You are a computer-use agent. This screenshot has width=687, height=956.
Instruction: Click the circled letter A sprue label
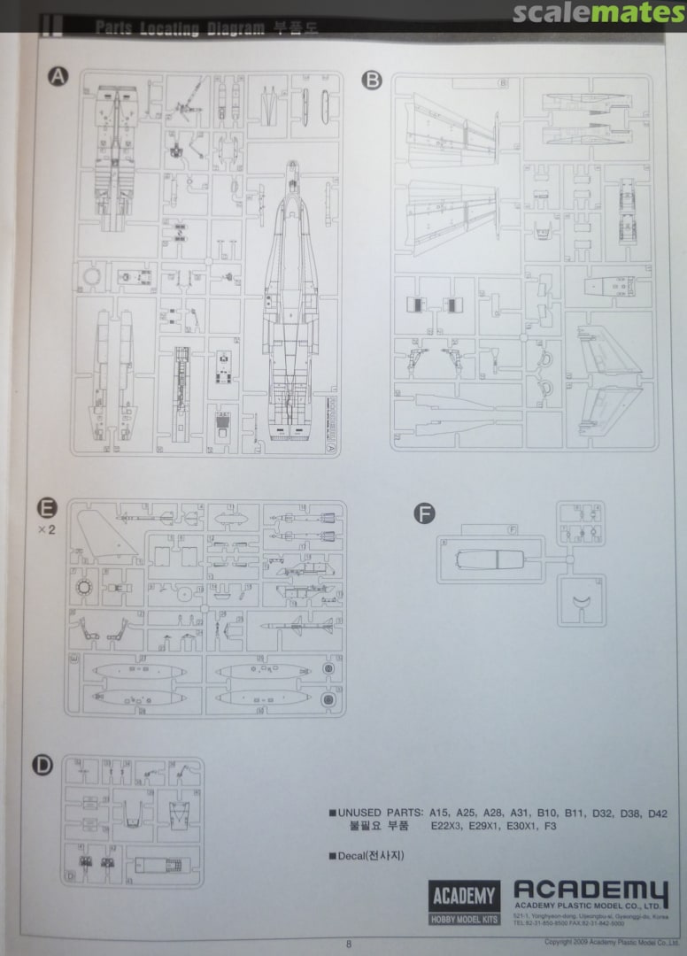(x=58, y=78)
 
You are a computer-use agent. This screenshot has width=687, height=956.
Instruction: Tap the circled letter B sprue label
(x=372, y=81)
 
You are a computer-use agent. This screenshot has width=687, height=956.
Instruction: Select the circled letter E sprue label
(x=47, y=508)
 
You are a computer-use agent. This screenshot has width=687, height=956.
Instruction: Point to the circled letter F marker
(x=426, y=513)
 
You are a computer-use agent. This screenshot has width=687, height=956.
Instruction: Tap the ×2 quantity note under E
(x=47, y=530)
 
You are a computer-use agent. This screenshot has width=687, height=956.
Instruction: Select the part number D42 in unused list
(x=656, y=813)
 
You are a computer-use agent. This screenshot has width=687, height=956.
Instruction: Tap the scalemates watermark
(x=598, y=13)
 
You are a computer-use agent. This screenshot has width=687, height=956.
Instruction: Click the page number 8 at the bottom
(x=349, y=944)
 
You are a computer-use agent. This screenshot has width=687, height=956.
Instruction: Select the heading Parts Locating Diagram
(x=180, y=28)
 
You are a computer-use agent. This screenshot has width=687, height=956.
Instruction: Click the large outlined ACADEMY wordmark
(x=591, y=891)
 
